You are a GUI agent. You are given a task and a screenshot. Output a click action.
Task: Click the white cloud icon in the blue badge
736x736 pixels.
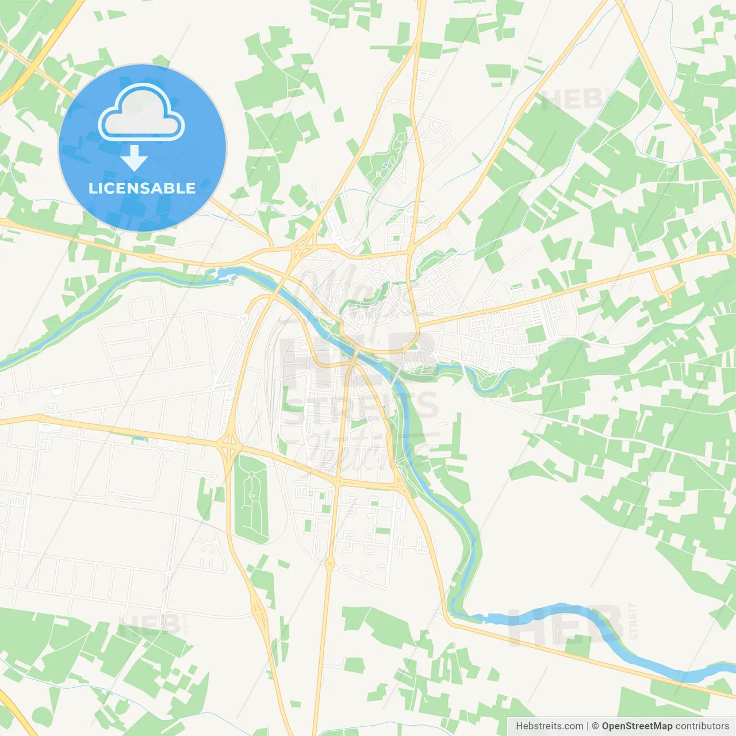pyautogui.click(x=141, y=113)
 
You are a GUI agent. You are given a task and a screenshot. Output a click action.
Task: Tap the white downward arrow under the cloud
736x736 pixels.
pyautogui.click(x=135, y=158)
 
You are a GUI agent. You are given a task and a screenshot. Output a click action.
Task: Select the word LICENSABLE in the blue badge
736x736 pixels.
pyautogui.click(x=142, y=188)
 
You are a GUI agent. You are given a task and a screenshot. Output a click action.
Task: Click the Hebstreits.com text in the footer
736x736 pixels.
pyautogui.click(x=549, y=726)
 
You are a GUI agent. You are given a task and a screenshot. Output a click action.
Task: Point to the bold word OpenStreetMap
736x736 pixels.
pyautogui.click(x=637, y=726)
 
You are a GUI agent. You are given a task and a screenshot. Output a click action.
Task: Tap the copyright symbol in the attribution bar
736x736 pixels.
pyautogui.click(x=595, y=726)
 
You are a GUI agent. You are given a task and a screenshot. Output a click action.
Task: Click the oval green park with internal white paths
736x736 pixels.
pyautogui.click(x=252, y=498)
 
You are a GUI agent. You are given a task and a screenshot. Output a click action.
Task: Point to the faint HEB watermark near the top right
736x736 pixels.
pyautogui.click(x=570, y=100)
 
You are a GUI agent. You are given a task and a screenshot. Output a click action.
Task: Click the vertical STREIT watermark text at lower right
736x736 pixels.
pyautogui.click(x=633, y=621)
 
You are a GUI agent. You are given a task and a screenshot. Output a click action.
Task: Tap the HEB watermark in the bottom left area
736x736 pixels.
pyautogui.click(x=149, y=626)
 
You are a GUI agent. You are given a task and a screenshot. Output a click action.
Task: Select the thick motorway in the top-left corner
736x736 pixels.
pyautogui.click(x=40, y=57)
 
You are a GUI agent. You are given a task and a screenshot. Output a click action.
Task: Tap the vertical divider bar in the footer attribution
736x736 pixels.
pyautogui.click(x=588, y=726)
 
